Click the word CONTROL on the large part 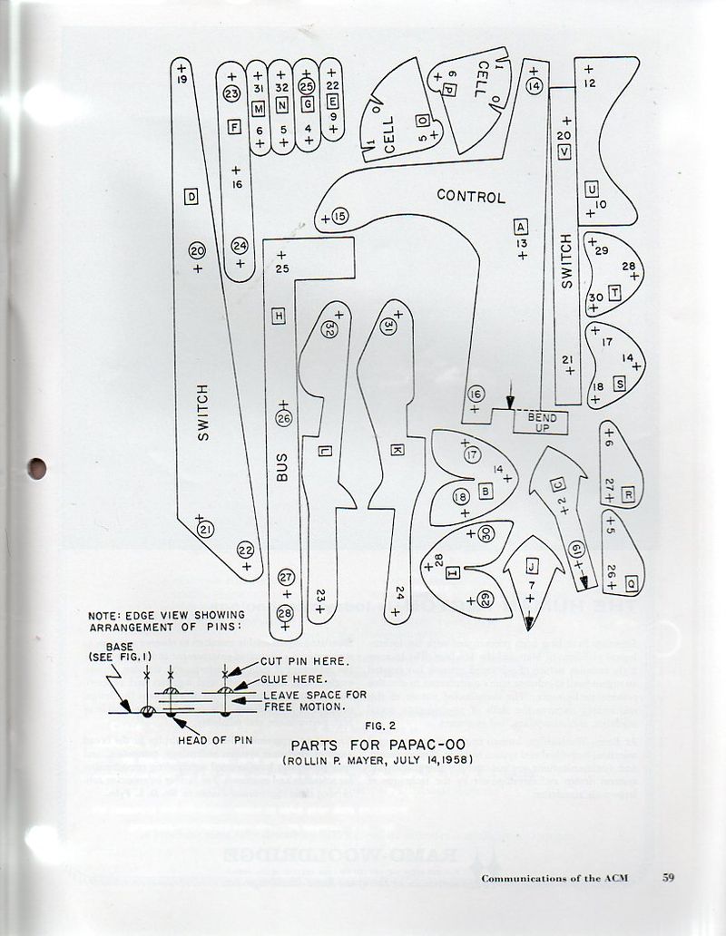pos(470,195)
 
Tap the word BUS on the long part pos(282,468)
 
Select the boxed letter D pos(191,197)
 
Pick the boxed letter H pos(280,315)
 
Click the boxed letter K pos(397,450)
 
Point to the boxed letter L pos(325,451)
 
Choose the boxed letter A pos(520,226)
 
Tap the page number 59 pos(669,877)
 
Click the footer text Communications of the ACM pos(554,878)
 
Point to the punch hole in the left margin pos(36,469)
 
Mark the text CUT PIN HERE pos(305,660)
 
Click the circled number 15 pos(338,216)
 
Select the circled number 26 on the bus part pos(283,418)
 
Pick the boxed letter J pos(532,566)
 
